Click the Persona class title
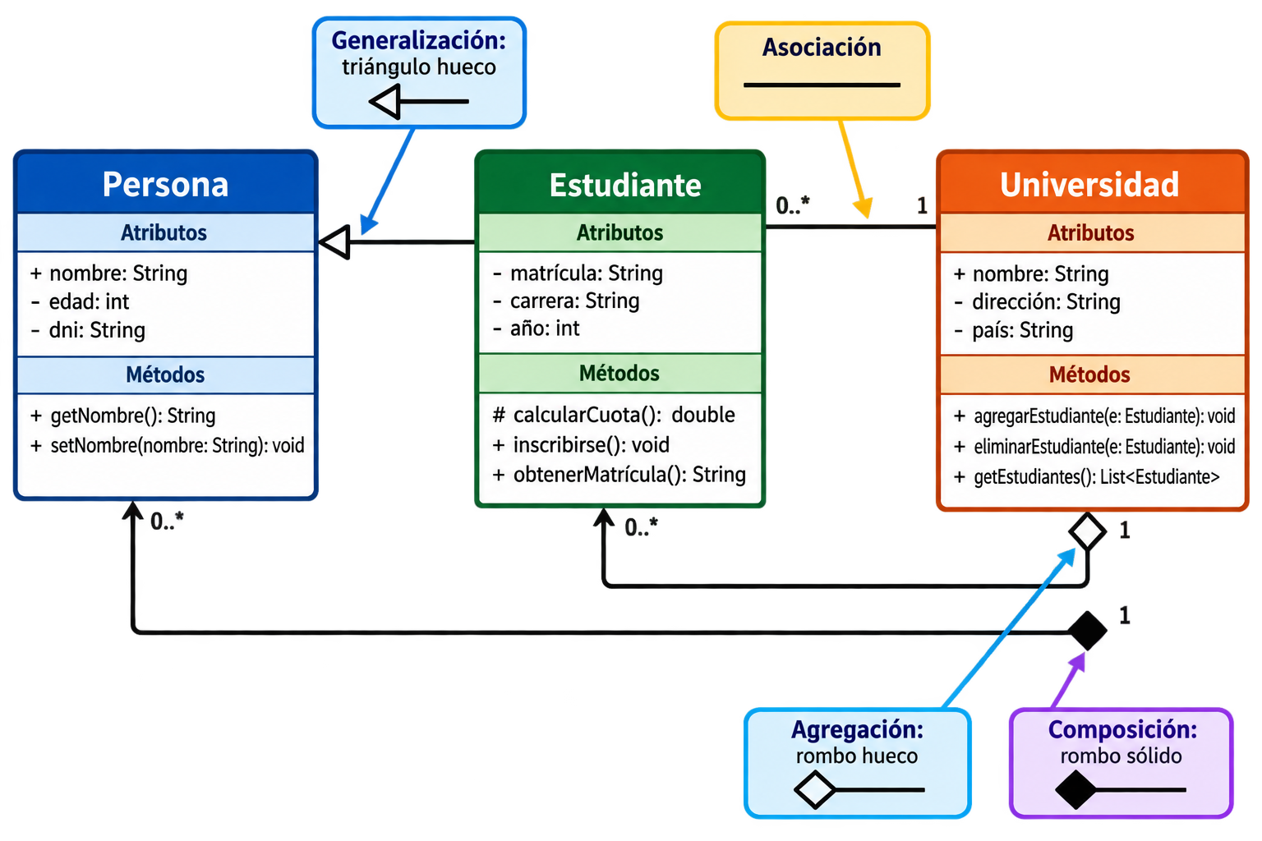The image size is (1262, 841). pyautogui.click(x=165, y=184)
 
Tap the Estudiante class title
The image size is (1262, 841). pyautogui.click(x=625, y=186)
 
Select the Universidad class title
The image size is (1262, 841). pyautogui.click(x=1089, y=184)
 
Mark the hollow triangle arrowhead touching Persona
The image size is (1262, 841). pyautogui.click(x=334, y=242)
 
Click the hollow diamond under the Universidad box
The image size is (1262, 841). pyautogui.click(x=1087, y=531)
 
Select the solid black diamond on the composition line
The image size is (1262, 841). pyautogui.click(x=1087, y=631)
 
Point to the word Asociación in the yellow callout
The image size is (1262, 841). pyautogui.click(x=822, y=48)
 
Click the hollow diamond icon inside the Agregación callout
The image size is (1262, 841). pyautogui.click(x=815, y=790)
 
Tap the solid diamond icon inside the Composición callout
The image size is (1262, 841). pyautogui.click(x=1075, y=790)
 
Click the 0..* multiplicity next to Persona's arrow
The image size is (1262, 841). pyautogui.click(x=167, y=521)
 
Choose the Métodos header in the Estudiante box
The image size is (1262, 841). pyautogui.click(x=619, y=374)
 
